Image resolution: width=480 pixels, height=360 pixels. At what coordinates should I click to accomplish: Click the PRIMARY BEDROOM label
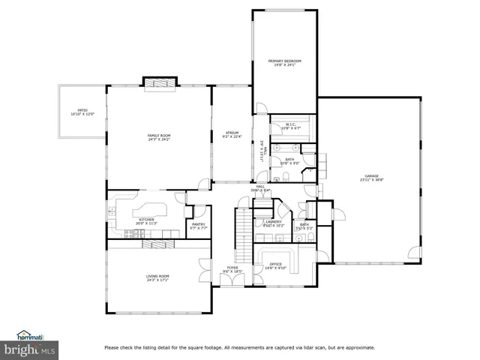(x=284, y=60)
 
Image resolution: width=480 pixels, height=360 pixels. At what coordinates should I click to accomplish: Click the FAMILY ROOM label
(x=158, y=135)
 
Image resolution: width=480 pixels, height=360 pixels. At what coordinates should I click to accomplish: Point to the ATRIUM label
(x=232, y=133)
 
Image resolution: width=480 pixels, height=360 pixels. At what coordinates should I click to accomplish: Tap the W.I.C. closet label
(x=289, y=124)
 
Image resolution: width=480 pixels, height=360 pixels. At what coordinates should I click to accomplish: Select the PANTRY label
(x=199, y=223)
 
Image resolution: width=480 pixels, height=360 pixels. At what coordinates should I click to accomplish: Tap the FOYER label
(x=232, y=268)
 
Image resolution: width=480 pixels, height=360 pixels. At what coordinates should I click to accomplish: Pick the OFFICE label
(x=275, y=264)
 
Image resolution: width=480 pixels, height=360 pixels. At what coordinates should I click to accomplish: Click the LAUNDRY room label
(x=273, y=221)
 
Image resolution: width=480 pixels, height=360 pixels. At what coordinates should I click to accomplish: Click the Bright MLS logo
(x=30, y=349)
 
